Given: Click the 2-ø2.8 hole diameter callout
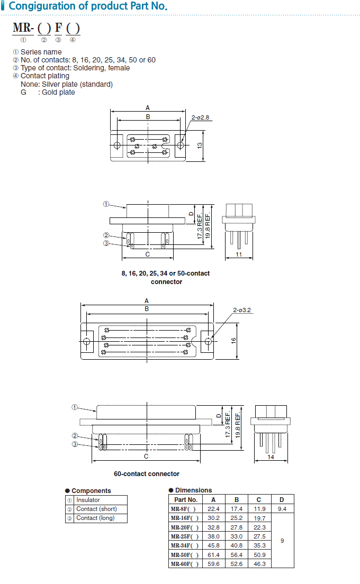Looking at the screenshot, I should pos(201,117).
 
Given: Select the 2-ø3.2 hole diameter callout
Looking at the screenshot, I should pos(242,310).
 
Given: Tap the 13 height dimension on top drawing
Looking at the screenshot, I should pos(199,145).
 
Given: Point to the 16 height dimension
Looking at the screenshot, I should pos(233,341).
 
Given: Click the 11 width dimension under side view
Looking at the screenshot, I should pos(238,254).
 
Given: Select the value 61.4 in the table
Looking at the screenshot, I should pos(213,555).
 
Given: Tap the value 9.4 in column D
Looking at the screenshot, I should pos(282,509).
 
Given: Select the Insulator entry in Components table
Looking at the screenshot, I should pos(88,500).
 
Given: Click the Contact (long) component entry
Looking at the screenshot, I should pos(95,518).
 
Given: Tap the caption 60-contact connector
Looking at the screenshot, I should pos(147,474).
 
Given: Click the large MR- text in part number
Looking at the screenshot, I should pos(23,28).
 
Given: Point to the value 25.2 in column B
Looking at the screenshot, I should pos(237,518).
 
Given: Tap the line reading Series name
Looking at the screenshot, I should pos(41,52).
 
